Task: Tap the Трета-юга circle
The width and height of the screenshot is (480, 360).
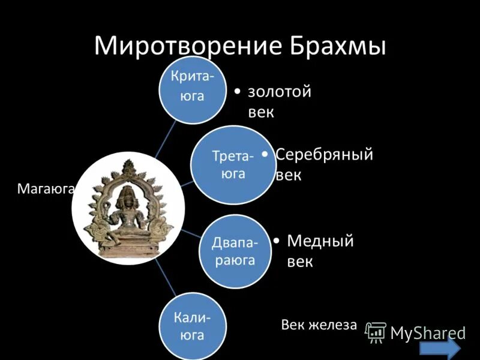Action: click(x=230, y=164)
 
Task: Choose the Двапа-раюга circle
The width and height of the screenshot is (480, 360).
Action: click(x=235, y=251)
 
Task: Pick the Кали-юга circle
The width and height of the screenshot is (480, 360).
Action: click(x=193, y=326)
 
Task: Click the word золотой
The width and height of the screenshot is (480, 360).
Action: click(x=279, y=92)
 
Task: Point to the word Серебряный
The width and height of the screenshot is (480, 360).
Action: click(x=324, y=154)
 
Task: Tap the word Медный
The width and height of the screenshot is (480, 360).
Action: click(x=320, y=241)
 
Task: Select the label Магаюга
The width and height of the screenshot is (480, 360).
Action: click(x=45, y=190)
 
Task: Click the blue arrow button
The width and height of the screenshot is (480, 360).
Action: click(x=440, y=349)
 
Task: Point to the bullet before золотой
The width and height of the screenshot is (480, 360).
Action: click(x=238, y=92)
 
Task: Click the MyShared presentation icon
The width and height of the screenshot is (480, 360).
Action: click(x=376, y=332)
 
